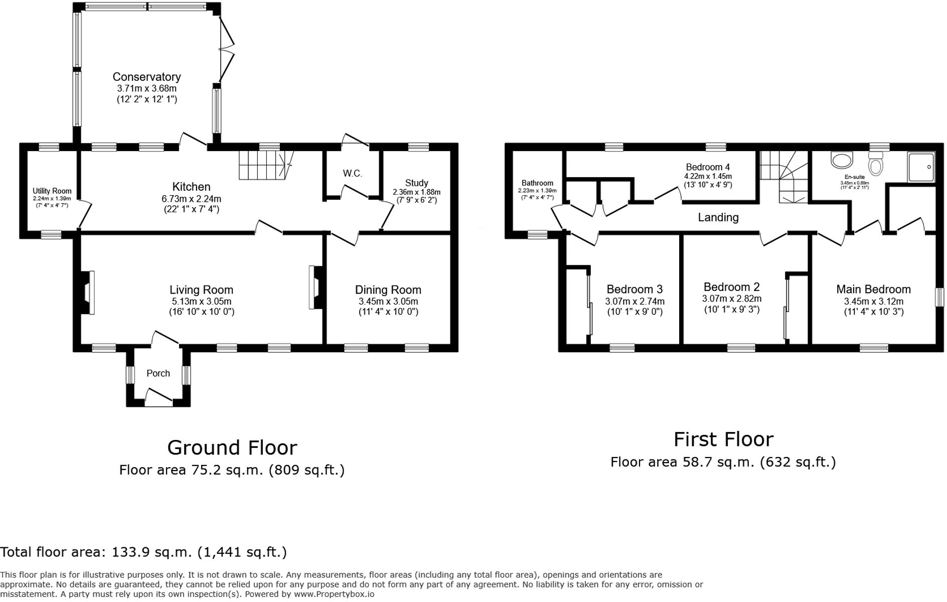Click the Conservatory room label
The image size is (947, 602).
pyautogui.click(x=146, y=77)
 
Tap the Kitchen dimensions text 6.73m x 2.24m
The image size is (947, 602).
pyautogui.click(x=191, y=199)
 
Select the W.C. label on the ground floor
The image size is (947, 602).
pyautogui.click(x=352, y=174)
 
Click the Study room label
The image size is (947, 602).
pyautogui.click(x=416, y=183)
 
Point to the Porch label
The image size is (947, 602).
pyautogui.click(x=158, y=373)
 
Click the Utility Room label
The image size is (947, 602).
pyautogui.click(x=52, y=191)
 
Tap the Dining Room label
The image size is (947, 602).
pyautogui.click(x=388, y=290)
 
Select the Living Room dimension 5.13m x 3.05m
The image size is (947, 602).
pyautogui.click(x=201, y=302)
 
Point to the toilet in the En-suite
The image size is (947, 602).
pyautogui.click(x=876, y=164)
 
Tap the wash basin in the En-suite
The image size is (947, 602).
pyautogui.click(x=842, y=160)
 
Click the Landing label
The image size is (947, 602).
pyautogui.click(x=718, y=217)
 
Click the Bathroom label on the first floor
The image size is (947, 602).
pyautogui.click(x=537, y=183)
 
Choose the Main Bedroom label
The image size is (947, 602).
pyautogui.click(x=873, y=289)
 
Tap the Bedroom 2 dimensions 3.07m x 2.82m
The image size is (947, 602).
pyautogui.click(x=731, y=298)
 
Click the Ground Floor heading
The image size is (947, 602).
pyautogui.click(x=232, y=447)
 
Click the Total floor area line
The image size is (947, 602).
pyautogui.click(x=143, y=552)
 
